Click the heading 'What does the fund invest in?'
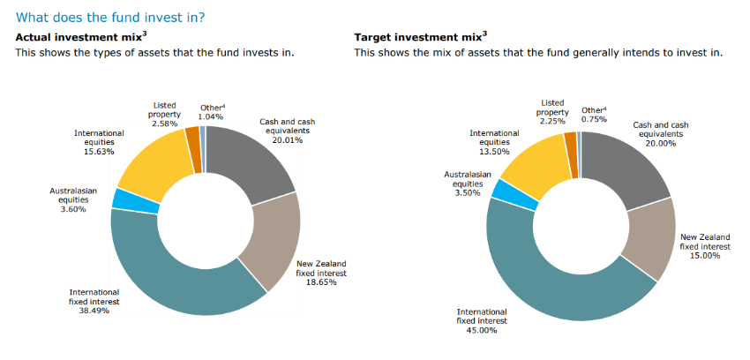[x=117, y=16]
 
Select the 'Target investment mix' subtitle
[x=420, y=37]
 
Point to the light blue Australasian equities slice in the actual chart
[x=124, y=199]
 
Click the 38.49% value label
[x=94, y=311]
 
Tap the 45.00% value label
[x=481, y=330]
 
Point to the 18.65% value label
[x=321, y=283]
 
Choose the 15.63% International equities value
[x=99, y=151]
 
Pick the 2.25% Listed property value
[x=551, y=122]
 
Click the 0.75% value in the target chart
[x=594, y=119]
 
